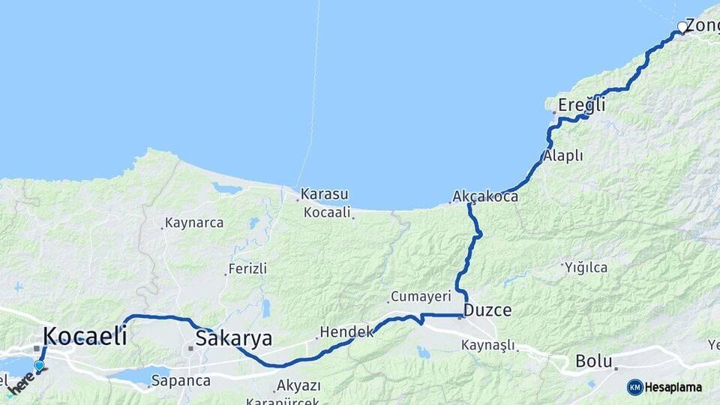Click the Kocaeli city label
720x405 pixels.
pos(84,335)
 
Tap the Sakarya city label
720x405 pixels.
pos(233,338)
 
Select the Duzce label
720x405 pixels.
pos(487,310)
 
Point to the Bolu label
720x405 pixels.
pos(594,361)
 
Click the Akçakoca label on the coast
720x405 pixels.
pos(485,196)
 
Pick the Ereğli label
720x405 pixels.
pos(581,106)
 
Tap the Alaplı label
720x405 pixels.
pos(562,156)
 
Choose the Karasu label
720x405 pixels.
pos(325,195)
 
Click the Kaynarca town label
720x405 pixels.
pos(193,223)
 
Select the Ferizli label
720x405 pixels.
pos(247,268)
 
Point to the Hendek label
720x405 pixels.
pos(346,331)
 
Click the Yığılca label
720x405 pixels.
pos(586,267)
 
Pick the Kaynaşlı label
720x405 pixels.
pos(487,345)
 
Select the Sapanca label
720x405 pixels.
pos(180,380)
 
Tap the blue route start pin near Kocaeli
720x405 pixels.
pos(39,366)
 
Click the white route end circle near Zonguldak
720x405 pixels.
pos(682,27)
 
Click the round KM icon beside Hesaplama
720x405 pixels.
pos(635,387)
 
